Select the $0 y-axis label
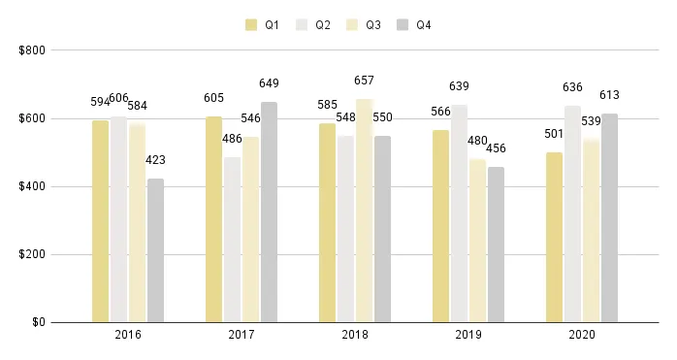coord(38,322)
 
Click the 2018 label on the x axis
coord(354,335)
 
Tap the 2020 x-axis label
coord(581,335)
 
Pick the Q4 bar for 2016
coord(155,250)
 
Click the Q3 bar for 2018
coord(364,211)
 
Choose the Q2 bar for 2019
coord(459,213)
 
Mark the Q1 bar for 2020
coord(554,237)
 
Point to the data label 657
coord(364,81)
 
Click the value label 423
coord(155,160)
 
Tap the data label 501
coord(554,133)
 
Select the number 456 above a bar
coord(496,148)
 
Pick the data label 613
coord(609,95)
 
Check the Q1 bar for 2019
coord(440,226)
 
